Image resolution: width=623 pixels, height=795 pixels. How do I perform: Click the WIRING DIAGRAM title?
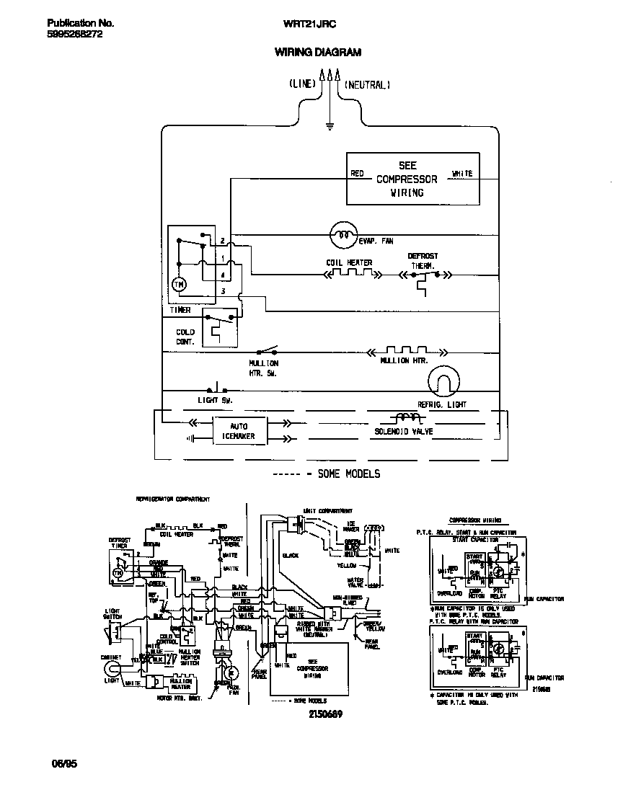[317, 52]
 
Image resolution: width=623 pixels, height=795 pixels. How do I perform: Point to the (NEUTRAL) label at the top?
[367, 84]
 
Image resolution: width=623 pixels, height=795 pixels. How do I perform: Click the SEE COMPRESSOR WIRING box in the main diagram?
[412, 179]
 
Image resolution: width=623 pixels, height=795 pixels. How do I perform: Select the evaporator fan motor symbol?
[343, 234]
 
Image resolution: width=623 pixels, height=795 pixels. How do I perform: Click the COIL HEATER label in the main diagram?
[349, 263]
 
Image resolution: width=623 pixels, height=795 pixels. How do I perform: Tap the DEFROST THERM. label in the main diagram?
[423, 261]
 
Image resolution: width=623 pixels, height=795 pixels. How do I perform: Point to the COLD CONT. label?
[185, 337]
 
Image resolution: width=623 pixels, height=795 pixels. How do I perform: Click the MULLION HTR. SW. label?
[263, 368]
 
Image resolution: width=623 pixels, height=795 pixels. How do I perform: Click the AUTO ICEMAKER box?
[238, 431]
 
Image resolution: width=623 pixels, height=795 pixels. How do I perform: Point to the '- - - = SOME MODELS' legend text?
[329, 474]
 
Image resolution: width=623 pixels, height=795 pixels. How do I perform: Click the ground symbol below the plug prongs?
[329, 126]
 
